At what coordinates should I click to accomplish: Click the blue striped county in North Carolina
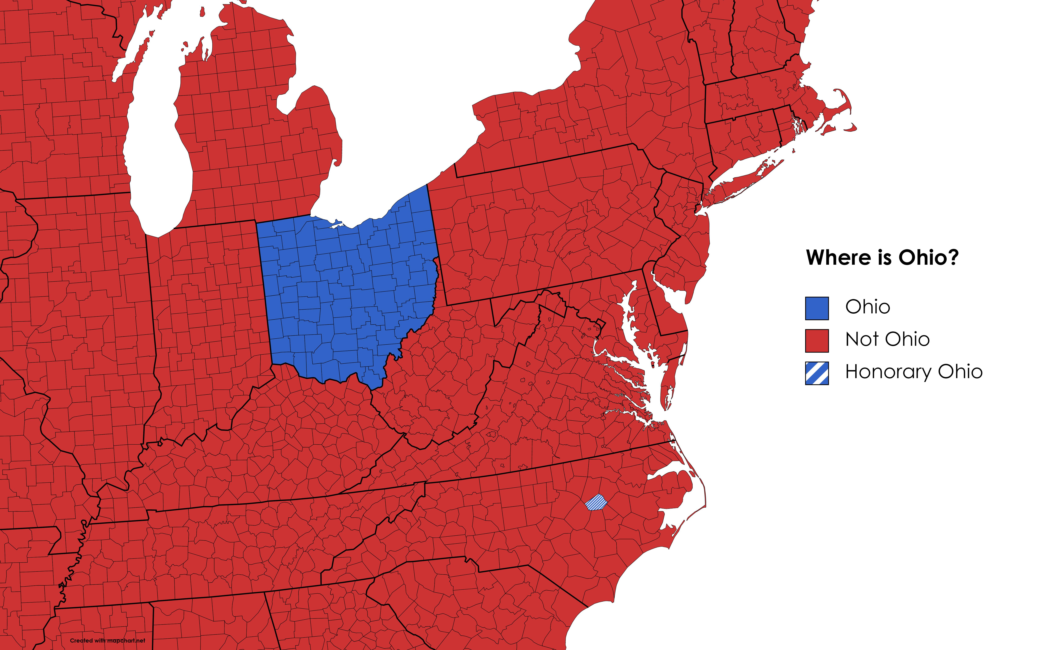[x=596, y=502]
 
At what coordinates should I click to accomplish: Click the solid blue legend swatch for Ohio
[x=817, y=308]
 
